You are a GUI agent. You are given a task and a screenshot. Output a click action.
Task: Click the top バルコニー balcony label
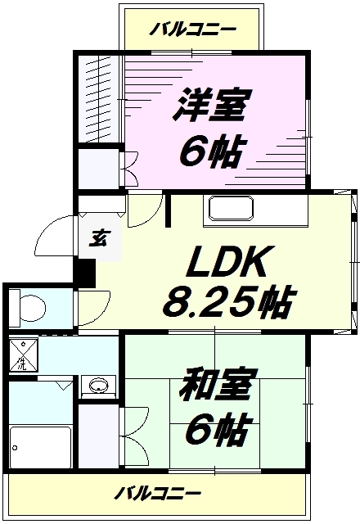tap(192, 29)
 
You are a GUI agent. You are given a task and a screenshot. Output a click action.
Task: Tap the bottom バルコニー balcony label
tap(158, 493)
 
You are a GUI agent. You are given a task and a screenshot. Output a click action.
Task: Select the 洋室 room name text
tap(211, 104)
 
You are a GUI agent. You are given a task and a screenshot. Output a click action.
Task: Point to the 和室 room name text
tap(215, 385)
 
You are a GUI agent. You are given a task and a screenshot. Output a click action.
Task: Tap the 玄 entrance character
tap(100, 237)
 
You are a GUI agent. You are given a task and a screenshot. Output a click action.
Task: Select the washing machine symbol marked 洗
tap(23, 355)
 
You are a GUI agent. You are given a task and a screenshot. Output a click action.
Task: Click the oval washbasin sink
tap(98, 386)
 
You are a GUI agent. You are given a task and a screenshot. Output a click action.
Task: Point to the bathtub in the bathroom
tap(40, 448)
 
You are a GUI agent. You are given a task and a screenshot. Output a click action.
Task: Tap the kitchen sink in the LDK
tap(231, 209)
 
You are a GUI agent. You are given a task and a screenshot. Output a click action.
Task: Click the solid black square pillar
tap(84, 273)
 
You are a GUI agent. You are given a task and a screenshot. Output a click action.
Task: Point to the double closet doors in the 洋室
tap(130, 169)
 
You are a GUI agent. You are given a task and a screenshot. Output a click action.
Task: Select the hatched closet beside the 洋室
tap(99, 98)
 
